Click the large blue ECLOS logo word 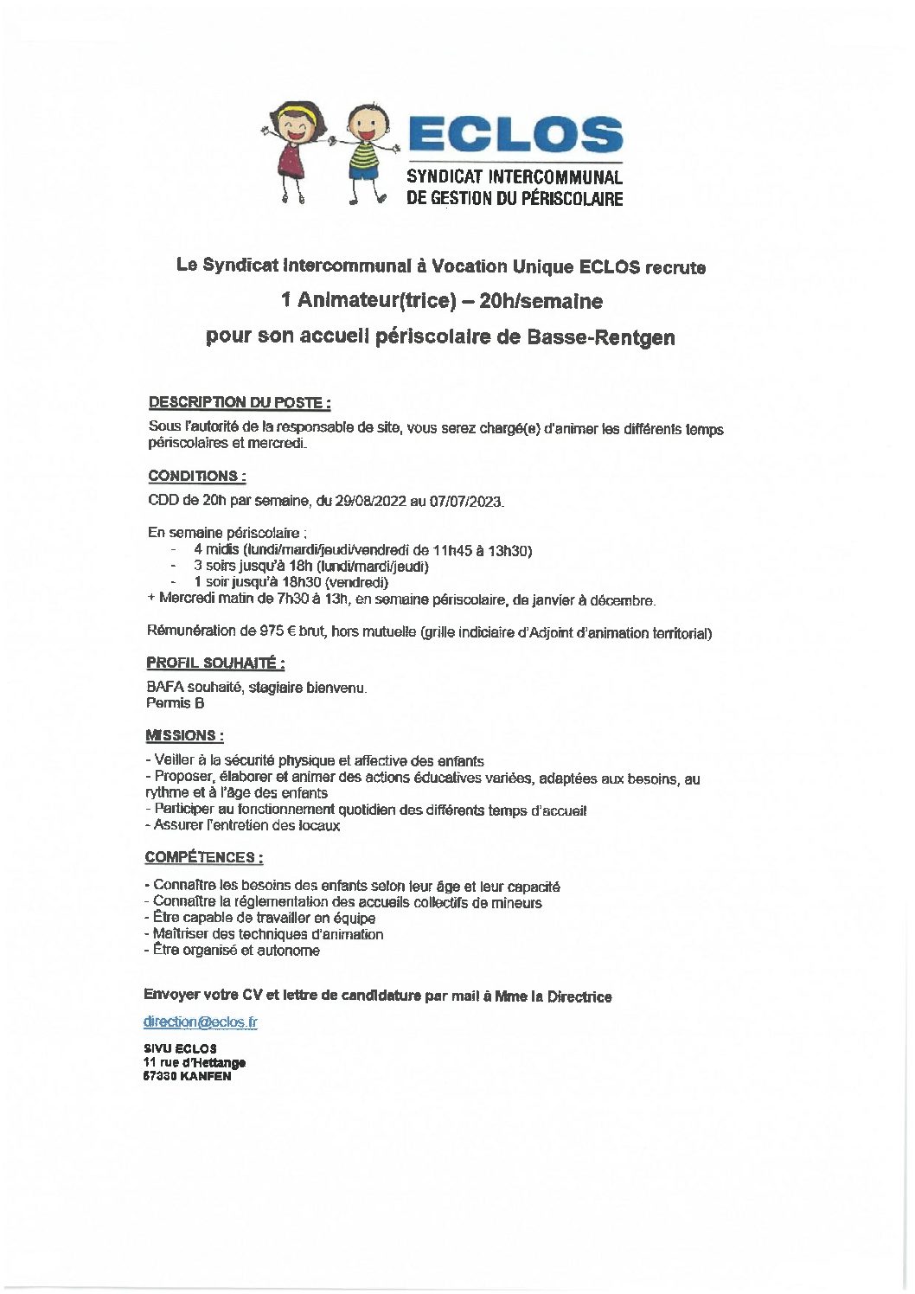515,134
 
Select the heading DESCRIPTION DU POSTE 240,403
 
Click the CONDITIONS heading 196,476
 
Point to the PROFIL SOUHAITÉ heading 215,663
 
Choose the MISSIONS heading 184,735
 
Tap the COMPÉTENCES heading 204,857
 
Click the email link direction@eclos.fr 201,1022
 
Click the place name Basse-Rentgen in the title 600,337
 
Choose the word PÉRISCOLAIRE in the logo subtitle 570,199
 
